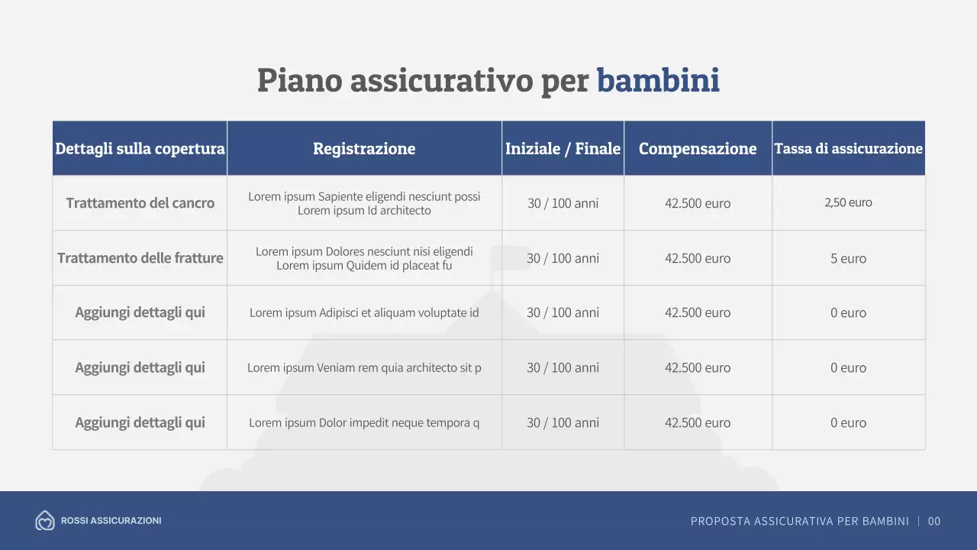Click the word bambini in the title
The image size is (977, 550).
click(658, 80)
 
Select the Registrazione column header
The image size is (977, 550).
click(364, 148)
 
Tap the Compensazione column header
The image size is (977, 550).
click(698, 148)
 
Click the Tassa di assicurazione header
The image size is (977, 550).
click(848, 148)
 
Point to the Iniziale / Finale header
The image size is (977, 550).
click(563, 148)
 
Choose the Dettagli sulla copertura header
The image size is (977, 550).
click(140, 148)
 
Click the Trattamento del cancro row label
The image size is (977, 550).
click(140, 203)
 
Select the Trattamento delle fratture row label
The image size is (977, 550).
click(140, 258)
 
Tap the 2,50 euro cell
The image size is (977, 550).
click(848, 202)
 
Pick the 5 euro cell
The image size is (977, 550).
click(848, 258)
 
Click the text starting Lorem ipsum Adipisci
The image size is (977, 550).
click(364, 312)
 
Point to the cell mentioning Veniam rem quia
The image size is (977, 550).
click(364, 367)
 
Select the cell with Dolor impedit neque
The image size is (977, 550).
click(364, 422)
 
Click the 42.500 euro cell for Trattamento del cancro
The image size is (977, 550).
click(698, 203)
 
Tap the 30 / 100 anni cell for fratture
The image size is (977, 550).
click(563, 258)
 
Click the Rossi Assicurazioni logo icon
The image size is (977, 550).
click(45, 521)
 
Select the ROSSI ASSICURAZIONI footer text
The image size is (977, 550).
click(111, 521)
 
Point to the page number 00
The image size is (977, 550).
click(934, 521)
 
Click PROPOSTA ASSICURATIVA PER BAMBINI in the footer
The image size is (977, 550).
click(799, 521)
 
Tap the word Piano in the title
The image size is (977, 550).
click(299, 80)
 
